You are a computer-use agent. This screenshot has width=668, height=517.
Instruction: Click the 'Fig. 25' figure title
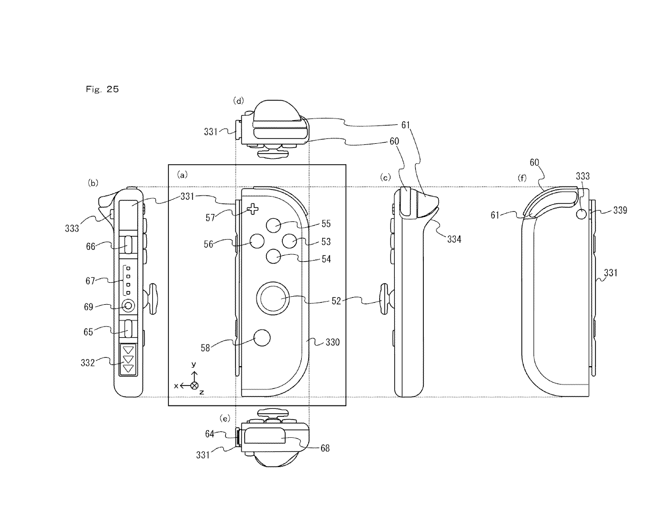tap(102, 89)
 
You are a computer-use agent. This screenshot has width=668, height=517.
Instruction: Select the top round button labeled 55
tap(274, 226)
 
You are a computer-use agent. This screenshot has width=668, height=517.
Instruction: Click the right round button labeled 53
tap(290, 241)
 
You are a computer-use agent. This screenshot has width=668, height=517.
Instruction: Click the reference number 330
tap(332, 342)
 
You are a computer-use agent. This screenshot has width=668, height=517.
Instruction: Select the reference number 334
tap(454, 239)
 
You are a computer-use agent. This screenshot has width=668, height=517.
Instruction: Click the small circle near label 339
tap(581, 214)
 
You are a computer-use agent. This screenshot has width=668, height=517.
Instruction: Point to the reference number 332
tap(87, 363)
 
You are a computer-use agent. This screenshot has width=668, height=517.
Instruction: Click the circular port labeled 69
tap(129, 306)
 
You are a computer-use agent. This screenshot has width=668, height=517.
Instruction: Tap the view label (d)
tap(238, 101)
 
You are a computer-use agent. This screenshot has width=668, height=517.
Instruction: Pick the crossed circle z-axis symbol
tap(195, 386)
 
